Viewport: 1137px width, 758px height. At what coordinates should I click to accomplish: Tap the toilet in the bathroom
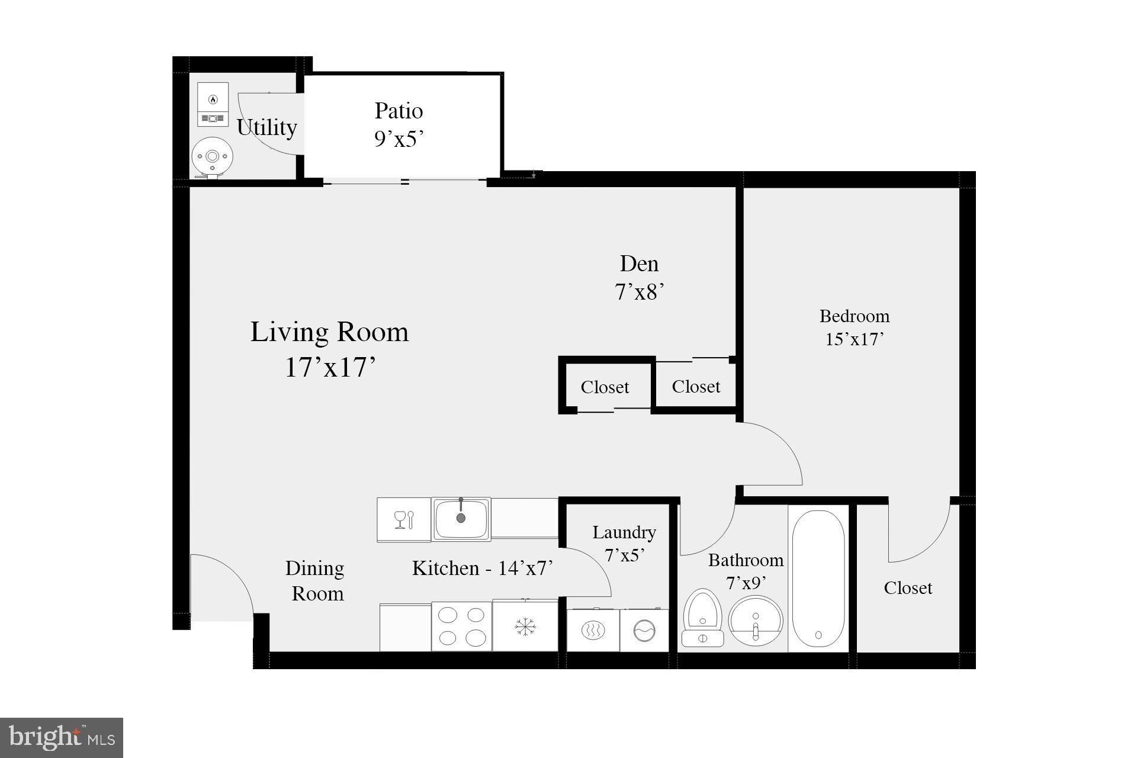click(x=703, y=616)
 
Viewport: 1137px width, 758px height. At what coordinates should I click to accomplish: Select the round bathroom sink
click(x=755, y=622)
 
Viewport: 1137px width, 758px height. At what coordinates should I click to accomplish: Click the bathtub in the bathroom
click(x=818, y=579)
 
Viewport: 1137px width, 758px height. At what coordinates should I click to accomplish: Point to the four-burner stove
click(x=461, y=627)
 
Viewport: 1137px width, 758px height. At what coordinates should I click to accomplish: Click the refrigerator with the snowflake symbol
click(x=525, y=627)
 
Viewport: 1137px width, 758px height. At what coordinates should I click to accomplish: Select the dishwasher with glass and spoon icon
click(x=404, y=520)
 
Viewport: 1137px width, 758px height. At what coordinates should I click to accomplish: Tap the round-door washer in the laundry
click(x=644, y=631)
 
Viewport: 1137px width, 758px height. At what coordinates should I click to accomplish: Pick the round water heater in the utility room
click(x=212, y=158)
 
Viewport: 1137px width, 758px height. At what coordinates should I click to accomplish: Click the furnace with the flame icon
click(x=213, y=104)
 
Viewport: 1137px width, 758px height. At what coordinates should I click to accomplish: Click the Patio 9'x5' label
click(x=399, y=124)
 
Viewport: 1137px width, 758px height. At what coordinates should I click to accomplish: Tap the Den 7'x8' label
click(x=639, y=278)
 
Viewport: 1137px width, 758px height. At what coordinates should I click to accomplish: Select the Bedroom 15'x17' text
click(x=854, y=327)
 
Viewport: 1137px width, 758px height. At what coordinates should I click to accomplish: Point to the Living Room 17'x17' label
click(x=329, y=349)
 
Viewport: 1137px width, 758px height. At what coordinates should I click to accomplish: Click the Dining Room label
click(x=315, y=580)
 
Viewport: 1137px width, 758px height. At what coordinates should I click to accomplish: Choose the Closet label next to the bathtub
click(x=907, y=587)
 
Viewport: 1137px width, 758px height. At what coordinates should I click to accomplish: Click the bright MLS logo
click(x=62, y=737)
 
